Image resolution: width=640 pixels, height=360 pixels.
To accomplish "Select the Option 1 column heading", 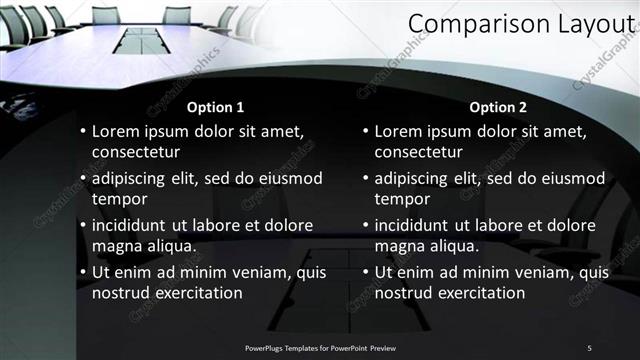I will click(215, 107).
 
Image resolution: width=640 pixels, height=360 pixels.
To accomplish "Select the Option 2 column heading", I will click(497, 107).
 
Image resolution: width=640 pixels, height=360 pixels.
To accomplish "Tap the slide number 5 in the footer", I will click(589, 347).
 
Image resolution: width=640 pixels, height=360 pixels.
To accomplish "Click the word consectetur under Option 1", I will click(136, 152).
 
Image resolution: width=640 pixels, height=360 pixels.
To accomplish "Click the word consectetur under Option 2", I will click(418, 152).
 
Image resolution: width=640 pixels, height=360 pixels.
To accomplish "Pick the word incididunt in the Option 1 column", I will click(135, 226).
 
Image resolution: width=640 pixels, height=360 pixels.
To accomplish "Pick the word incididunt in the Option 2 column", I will click(417, 226).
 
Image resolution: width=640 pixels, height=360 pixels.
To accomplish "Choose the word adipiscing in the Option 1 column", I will click(133, 179).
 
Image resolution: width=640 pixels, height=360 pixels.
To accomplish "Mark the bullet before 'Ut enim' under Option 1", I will click(82, 272).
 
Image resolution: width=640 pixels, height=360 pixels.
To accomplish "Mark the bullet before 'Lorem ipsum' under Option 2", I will click(364, 131).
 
